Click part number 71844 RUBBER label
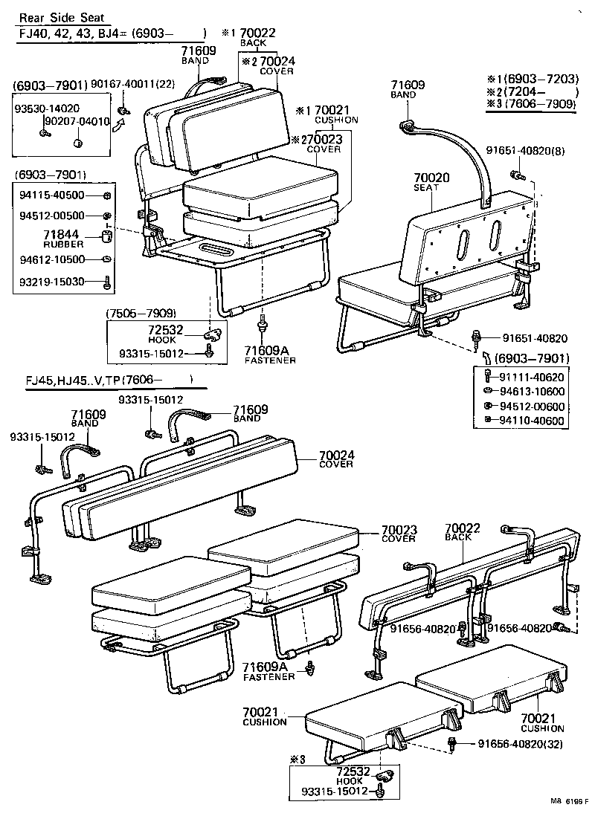coord(68,239)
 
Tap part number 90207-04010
coord(77,121)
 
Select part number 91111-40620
coord(532,378)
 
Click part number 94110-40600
coord(532,421)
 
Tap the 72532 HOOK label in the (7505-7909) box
coord(163,334)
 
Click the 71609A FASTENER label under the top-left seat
coord(270,355)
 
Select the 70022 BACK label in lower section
coord(463,531)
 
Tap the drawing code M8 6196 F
coord(569,802)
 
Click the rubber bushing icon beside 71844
coord(106,238)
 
